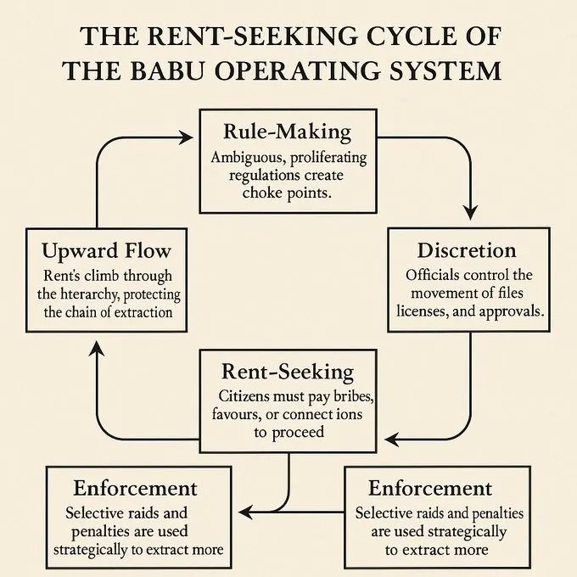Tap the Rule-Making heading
288,132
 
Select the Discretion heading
467,250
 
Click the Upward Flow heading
106,251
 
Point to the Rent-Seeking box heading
288,372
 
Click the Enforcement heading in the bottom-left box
136,489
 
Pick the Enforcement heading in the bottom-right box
430,489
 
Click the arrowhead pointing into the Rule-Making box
186,137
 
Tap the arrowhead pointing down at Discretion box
470,213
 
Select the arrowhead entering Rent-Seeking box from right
392,440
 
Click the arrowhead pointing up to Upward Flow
97,348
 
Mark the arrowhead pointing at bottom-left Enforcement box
245,512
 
